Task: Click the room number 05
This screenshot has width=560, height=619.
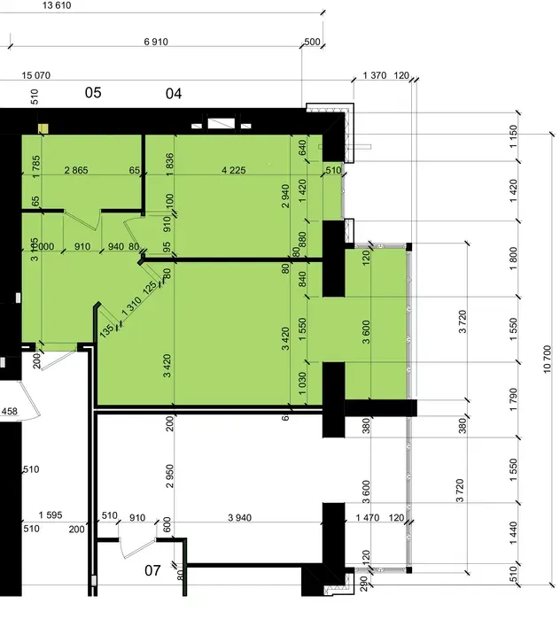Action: coord(93,92)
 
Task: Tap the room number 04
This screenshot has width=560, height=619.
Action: coord(174,92)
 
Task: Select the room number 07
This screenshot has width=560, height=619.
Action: coord(152,570)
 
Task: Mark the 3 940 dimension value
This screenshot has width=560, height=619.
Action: coord(242,516)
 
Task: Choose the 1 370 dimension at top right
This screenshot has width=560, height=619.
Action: coord(375,77)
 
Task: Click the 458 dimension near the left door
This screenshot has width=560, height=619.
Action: coord(10,411)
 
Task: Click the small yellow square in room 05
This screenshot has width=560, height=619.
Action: coord(41,128)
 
